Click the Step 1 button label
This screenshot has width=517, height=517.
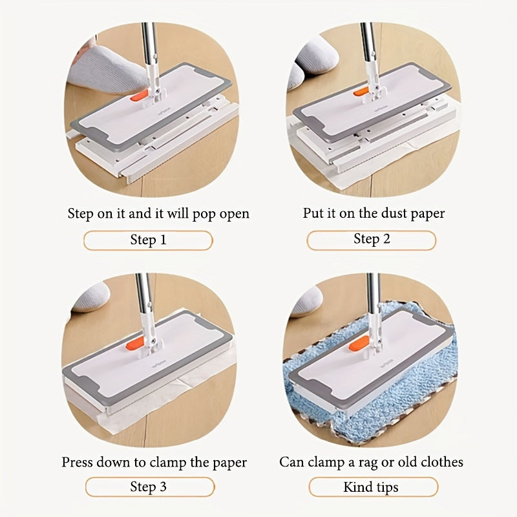[x=148, y=240]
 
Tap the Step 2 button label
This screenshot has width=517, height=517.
[x=372, y=239]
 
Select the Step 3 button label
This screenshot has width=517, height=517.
[x=148, y=487]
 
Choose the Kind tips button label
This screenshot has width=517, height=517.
[x=371, y=487]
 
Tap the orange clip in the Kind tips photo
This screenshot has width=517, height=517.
[x=359, y=343]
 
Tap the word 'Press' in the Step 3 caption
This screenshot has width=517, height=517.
[x=78, y=463]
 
